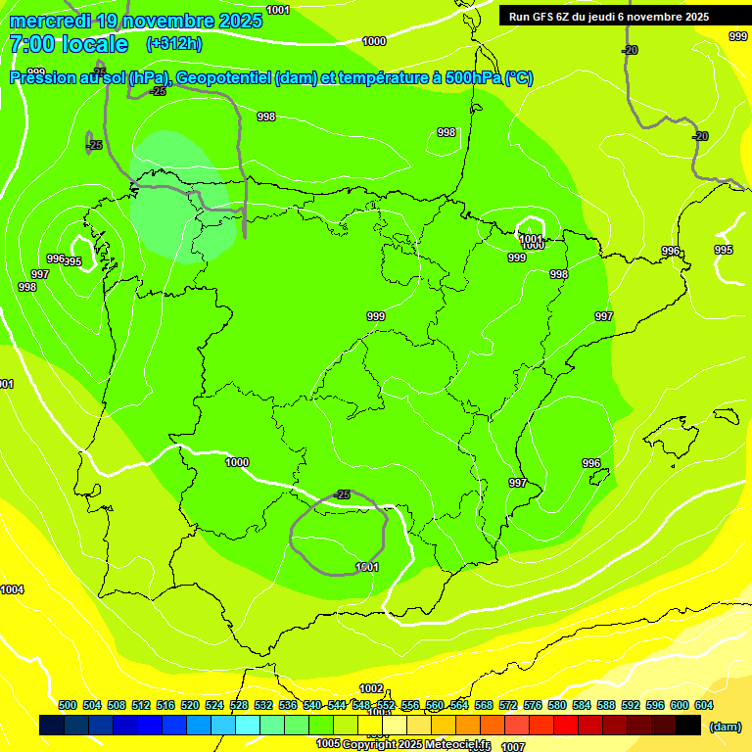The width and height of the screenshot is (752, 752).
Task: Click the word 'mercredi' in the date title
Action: point(49,21)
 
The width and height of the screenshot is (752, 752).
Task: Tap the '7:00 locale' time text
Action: point(69,44)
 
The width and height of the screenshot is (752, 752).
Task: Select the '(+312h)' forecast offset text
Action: point(173,44)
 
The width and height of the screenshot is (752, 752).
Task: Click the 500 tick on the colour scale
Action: point(68,705)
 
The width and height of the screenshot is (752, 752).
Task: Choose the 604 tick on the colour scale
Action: point(703,705)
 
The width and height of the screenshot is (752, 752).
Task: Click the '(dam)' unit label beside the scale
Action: point(725,726)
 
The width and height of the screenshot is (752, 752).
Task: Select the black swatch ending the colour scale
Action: point(688,725)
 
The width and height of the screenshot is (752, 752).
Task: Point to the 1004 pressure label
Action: point(12,589)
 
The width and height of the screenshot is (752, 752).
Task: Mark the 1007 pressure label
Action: point(513,746)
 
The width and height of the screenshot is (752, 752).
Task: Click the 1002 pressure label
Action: point(371,688)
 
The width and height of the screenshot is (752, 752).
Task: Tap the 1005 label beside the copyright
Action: point(328,744)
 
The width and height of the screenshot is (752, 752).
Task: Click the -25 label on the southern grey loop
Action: point(341,494)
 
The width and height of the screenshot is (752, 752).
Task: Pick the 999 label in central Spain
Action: point(376,316)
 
